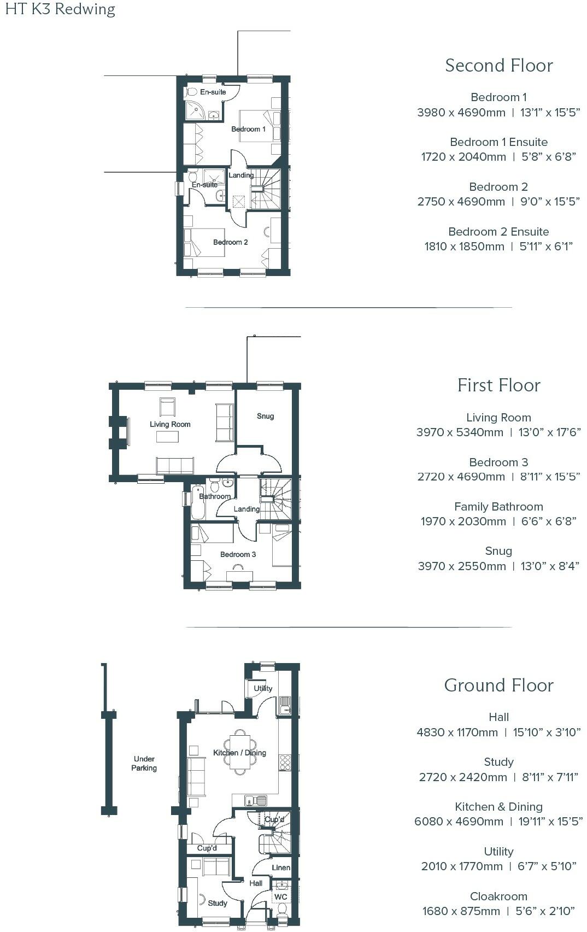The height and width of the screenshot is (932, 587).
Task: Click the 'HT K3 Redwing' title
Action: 60,10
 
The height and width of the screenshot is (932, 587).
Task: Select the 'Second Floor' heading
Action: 498,66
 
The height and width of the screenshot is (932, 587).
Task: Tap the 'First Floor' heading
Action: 498,385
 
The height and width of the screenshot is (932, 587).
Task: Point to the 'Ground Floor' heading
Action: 498,685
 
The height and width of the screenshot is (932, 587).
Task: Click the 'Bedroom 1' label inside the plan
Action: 248,129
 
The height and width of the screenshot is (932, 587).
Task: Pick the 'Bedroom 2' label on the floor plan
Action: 230,242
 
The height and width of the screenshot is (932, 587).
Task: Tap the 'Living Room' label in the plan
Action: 170,424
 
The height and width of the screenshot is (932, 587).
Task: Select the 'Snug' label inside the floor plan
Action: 265,416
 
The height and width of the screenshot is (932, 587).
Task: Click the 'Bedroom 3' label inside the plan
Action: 238,554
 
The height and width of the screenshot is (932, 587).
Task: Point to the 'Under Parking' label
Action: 144,763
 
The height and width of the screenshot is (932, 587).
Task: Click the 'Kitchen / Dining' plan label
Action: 239,753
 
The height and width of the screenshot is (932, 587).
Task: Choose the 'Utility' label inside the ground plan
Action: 263,688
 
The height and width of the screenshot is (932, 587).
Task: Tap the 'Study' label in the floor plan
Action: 218,903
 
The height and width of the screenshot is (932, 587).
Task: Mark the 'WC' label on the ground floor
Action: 280,897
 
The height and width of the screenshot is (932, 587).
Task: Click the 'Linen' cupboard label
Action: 281,867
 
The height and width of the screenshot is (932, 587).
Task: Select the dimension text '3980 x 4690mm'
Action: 461,113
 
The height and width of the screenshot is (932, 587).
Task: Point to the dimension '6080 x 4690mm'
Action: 459,821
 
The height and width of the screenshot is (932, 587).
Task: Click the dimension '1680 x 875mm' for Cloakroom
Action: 461,911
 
